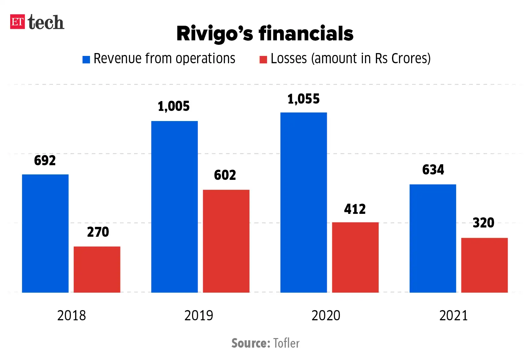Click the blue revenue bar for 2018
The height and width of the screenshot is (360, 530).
pos(45,233)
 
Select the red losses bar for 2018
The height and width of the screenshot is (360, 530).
pos(97,269)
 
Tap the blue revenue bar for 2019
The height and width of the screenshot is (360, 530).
pos(174,207)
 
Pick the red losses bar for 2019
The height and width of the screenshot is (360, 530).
pos(226,241)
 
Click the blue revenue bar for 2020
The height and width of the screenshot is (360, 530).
pos(303,202)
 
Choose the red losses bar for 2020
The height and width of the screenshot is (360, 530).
pos(355,257)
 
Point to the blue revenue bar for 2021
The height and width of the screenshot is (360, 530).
pos(432,238)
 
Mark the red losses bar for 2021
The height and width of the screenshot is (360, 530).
pos(484,265)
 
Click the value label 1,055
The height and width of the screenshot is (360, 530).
pos(303,99)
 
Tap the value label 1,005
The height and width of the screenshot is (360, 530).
pos(174,106)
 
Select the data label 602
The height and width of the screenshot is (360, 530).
pos(225,175)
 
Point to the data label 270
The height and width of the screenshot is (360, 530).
pos(98,232)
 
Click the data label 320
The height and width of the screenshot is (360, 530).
pos(483,223)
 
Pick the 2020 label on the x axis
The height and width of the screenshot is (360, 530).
pos(326,316)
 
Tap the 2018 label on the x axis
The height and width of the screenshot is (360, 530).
pos(72,316)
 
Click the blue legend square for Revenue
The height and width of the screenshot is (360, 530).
pos(86,59)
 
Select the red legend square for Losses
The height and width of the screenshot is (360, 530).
pos(263,59)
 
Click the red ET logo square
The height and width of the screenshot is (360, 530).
pos(17,22)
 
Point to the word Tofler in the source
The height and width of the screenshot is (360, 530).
pos(286,343)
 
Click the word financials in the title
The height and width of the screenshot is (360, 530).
pos(306,34)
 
